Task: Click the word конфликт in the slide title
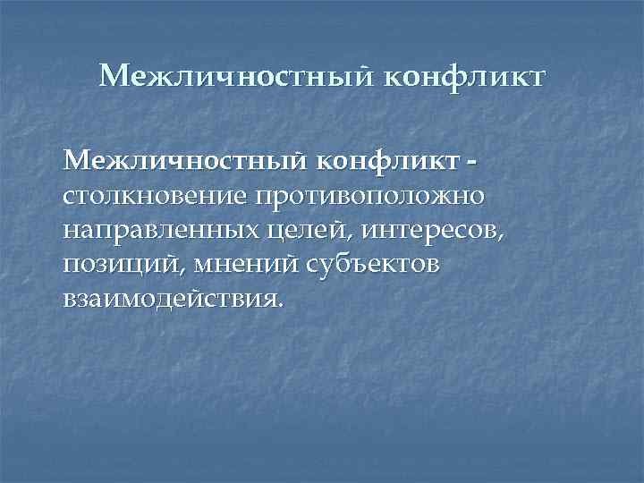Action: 463,77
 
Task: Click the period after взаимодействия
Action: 281,304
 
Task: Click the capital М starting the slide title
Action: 114,77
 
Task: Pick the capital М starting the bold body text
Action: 77,161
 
